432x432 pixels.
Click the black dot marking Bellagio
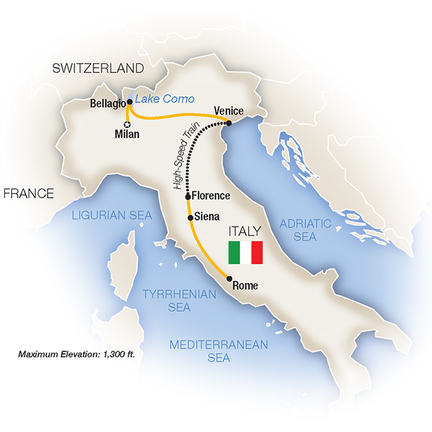tap(130, 102)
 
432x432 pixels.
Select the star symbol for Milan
tap(127, 124)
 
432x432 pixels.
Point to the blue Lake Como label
tap(164, 99)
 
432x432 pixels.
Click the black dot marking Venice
tap(229, 123)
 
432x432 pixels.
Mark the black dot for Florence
tap(188, 196)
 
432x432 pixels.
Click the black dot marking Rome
tap(229, 278)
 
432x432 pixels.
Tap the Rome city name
tap(245, 286)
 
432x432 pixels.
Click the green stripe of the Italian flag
tap(234, 252)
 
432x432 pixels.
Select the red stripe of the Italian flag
tap(257, 252)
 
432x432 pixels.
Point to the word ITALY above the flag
tap(245, 231)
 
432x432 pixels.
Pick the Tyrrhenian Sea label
tap(179, 301)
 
